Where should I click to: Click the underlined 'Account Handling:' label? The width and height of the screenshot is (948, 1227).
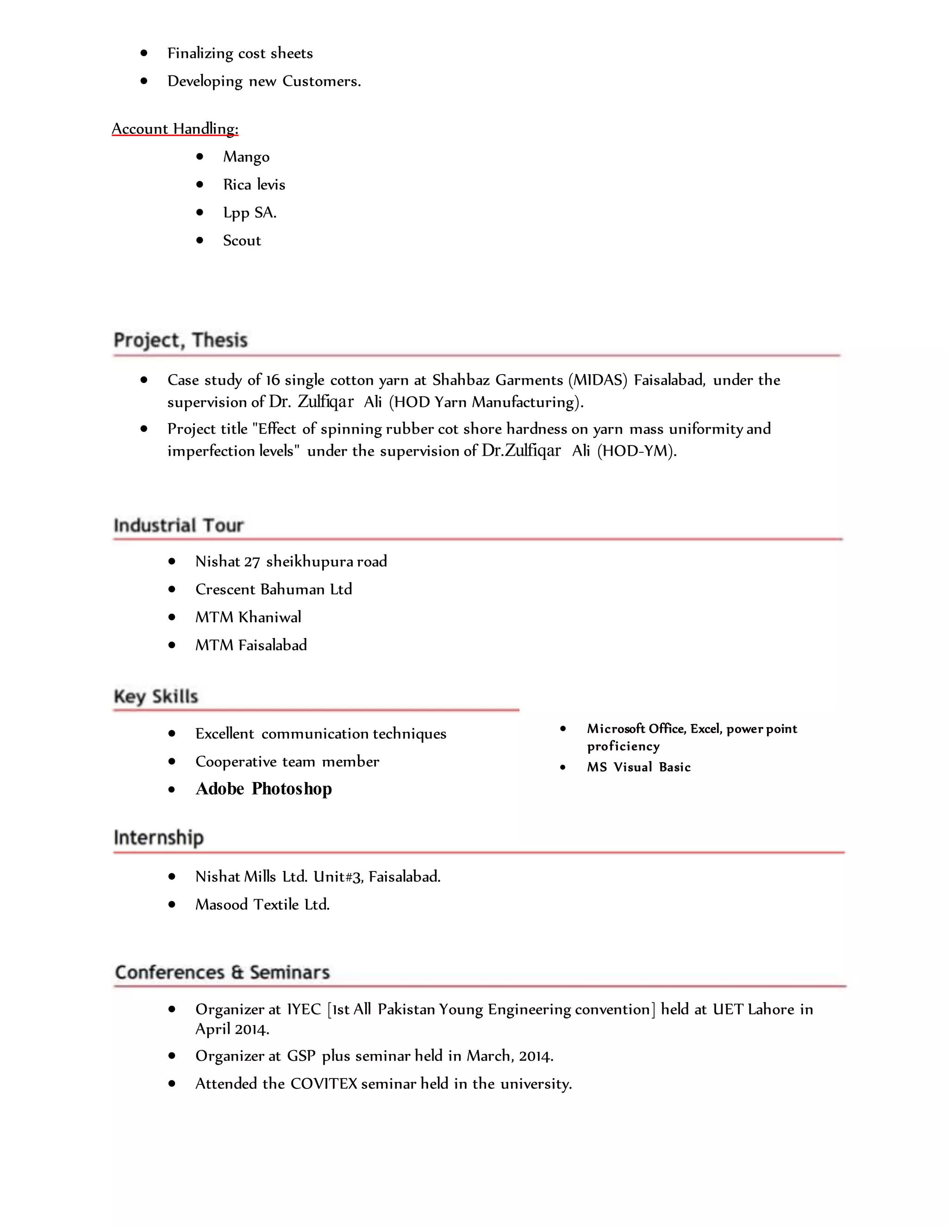[175, 129]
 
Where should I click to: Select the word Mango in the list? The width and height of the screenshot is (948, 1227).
[246, 157]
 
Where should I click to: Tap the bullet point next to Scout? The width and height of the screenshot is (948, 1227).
[200, 240]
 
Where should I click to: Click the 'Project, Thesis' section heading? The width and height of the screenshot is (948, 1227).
[180, 340]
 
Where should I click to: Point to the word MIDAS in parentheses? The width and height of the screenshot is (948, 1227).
[598, 380]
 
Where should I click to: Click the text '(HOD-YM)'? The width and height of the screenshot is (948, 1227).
[637, 451]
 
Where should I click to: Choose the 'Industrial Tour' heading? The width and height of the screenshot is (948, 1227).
[179, 526]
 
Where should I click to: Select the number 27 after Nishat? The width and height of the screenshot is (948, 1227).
[252, 562]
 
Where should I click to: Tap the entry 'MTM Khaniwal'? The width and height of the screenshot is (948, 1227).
[248, 617]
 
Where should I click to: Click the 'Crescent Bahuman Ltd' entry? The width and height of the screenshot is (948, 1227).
[274, 589]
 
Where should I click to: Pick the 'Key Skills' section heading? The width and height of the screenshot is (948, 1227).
[156, 697]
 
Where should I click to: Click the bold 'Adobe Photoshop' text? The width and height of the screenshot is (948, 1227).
[263, 789]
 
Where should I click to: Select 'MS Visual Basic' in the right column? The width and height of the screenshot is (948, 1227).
[638, 767]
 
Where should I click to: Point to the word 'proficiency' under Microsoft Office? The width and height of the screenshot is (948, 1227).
[624, 747]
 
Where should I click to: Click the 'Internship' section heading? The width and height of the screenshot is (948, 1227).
[158, 838]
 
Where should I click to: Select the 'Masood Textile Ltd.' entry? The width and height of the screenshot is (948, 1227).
[262, 905]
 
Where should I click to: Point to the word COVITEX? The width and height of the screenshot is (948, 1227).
[324, 1084]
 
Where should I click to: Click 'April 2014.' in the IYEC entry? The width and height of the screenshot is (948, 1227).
[232, 1029]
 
